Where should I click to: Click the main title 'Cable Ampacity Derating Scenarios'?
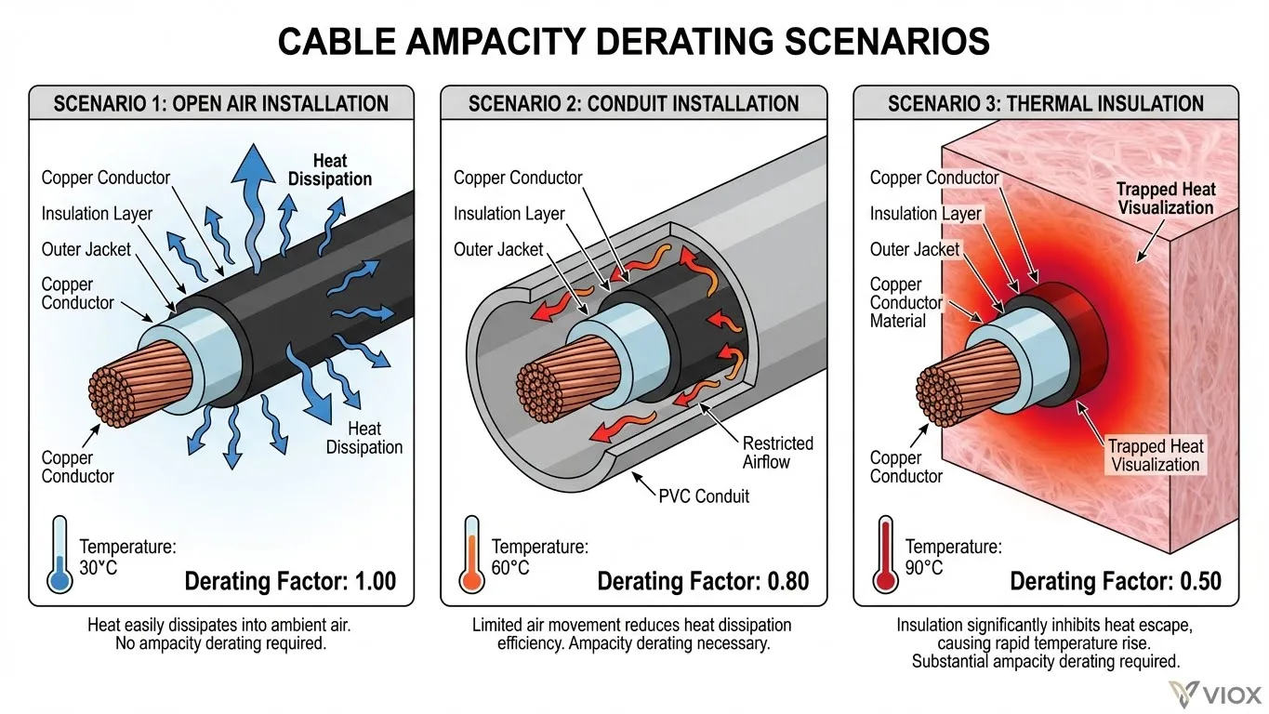(x=633, y=41)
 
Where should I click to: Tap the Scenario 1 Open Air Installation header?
(x=221, y=104)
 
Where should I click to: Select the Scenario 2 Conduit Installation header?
(x=633, y=104)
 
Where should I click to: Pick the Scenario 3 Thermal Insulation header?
(x=1046, y=104)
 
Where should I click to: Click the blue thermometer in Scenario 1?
(x=59, y=554)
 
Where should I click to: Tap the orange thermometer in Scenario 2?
(x=471, y=554)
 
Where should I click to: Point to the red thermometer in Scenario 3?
(x=885, y=554)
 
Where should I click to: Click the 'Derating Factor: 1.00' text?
(x=290, y=581)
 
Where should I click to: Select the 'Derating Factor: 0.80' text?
(x=703, y=581)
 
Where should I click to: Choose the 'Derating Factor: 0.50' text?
(x=1116, y=581)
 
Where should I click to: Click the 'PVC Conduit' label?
(x=704, y=497)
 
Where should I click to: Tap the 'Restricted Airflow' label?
(x=778, y=453)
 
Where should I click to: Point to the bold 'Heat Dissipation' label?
(x=330, y=169)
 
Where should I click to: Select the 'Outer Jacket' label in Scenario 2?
(x=498, y=249)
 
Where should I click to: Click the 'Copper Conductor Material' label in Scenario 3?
(x=905, y=302)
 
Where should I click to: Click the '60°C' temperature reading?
(x=509, y=568)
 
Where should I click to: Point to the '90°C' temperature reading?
(x=924, y=568)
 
